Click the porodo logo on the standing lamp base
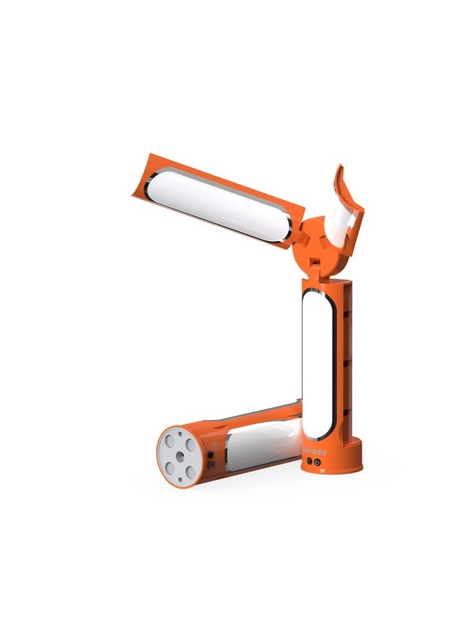pos(314,452)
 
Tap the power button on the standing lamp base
pos(318,462)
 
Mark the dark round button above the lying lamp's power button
pos(210,454)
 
